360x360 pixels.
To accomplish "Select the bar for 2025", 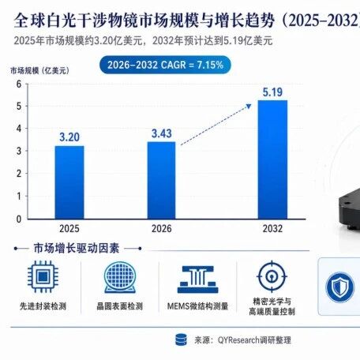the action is click(69, 182).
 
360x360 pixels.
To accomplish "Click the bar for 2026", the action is click(161, 180).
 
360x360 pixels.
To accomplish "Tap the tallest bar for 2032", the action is click(272, 159).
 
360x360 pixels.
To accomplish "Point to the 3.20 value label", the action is click(69, 137).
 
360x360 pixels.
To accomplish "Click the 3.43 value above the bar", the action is click(162, 133).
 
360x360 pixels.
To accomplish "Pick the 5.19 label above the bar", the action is click(272, 92).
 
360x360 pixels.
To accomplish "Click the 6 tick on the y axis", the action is click(19, 84).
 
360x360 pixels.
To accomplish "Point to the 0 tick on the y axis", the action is click(19, 219).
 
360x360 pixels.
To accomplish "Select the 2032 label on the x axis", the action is click(272, 228).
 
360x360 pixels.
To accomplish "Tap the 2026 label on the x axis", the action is click(162, 228).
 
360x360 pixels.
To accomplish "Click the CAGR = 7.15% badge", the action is click(165, 65).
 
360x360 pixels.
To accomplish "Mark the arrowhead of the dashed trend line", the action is click(249, 106).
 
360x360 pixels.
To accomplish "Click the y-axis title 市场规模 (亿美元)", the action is click(39, 70).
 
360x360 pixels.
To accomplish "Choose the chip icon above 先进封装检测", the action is click(43, 276).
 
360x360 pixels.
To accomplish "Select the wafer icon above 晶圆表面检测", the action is click(120, 277).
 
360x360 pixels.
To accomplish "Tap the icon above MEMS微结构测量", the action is click(197, 279).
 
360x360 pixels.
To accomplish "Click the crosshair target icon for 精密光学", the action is click(272, 276).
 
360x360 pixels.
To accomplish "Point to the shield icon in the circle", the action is click(339, 287).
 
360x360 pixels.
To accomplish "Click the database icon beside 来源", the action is click(181, 339).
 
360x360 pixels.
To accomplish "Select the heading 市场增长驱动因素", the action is click(77, 248).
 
